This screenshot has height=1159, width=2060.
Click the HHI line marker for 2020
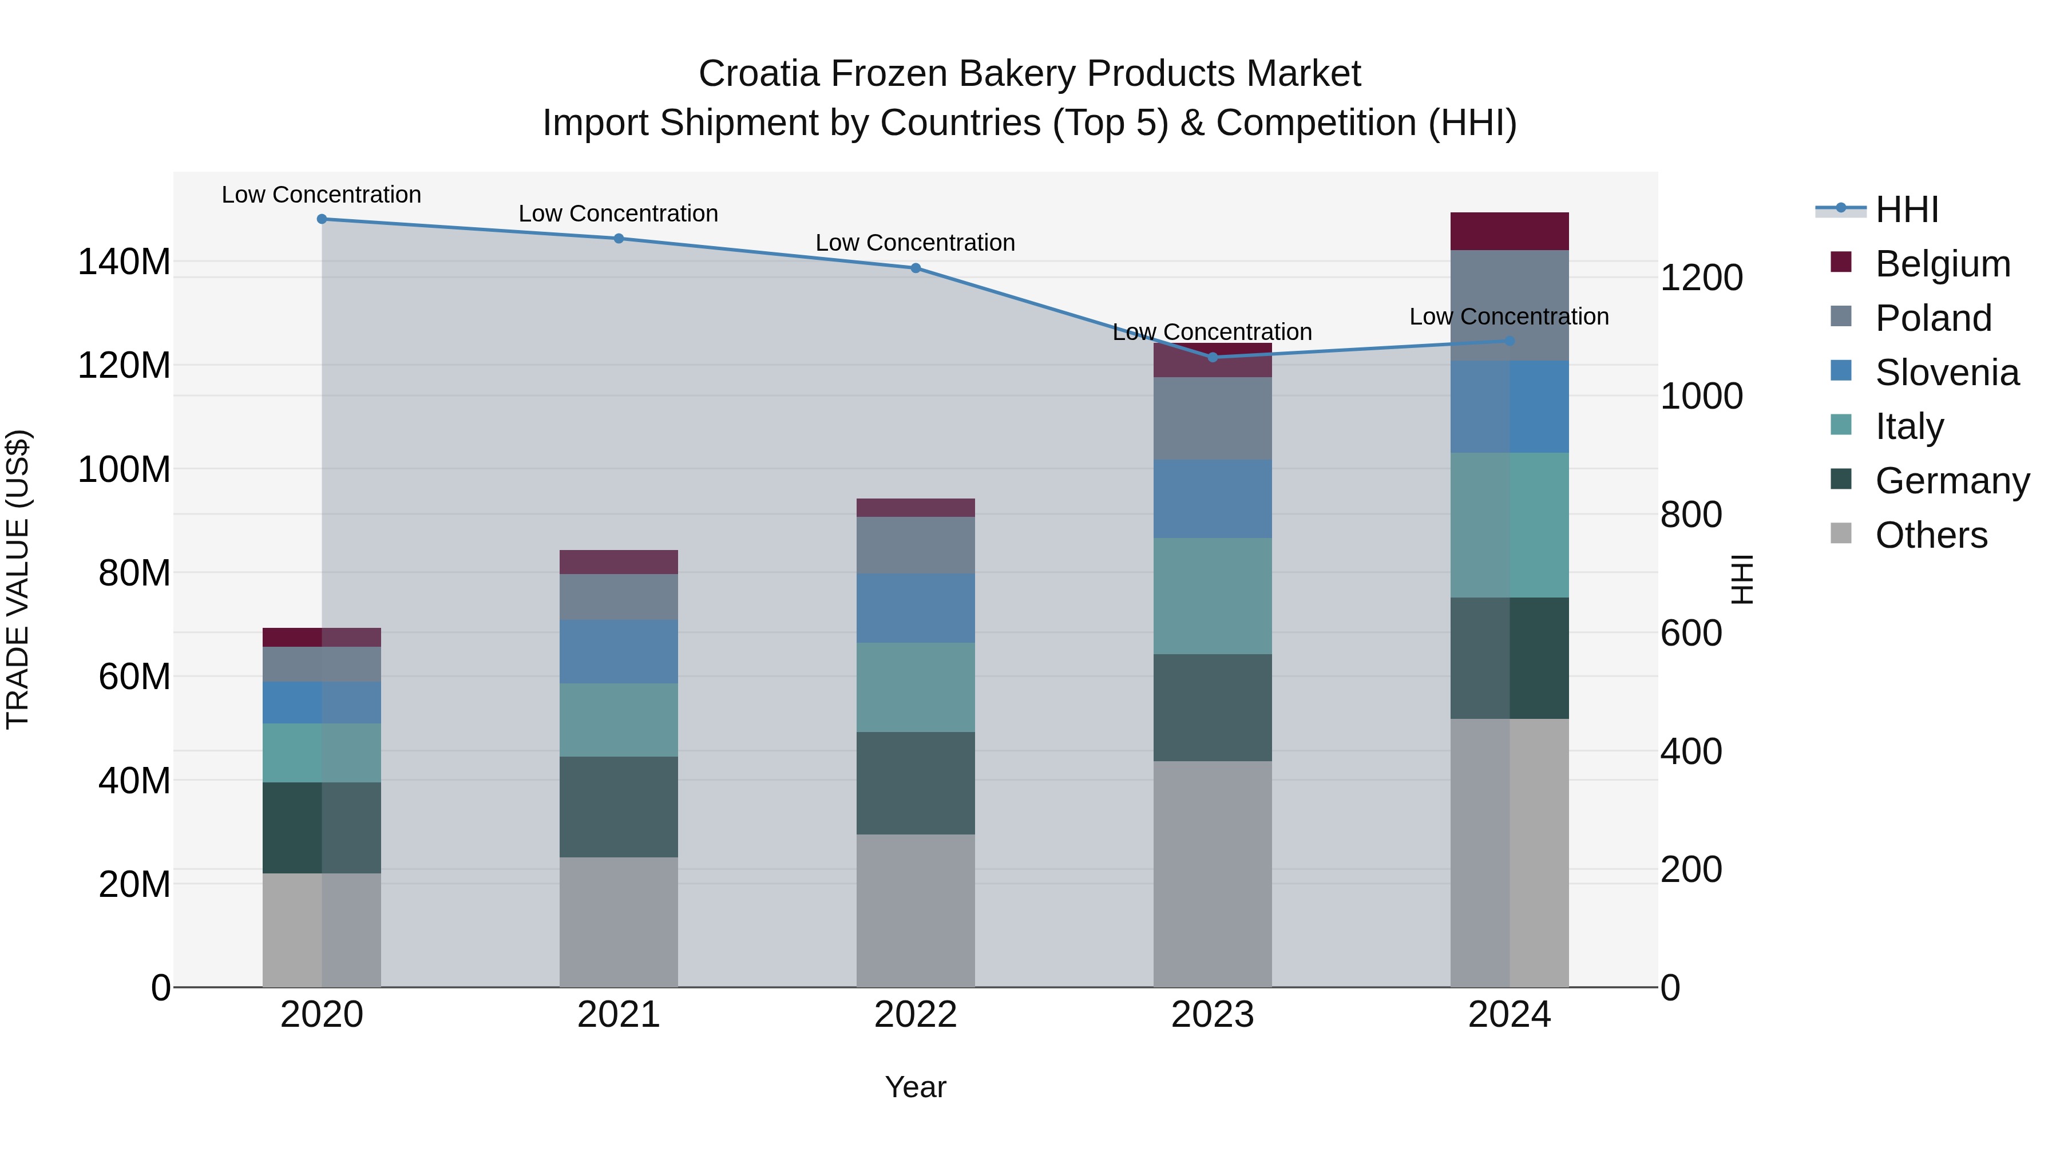[x=322, y=219]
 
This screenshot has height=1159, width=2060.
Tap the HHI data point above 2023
[x=1213, y=358]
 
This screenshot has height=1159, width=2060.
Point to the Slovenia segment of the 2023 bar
[x=1213, y=499]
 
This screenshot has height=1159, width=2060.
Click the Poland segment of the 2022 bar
[x=915, y=545]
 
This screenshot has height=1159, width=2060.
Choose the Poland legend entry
[x=1933, y=318]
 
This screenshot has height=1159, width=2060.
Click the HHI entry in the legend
[x=1907, y=209]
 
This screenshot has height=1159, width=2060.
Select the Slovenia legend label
[x=1947, y=373]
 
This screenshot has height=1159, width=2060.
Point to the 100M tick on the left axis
[x=124, y=469]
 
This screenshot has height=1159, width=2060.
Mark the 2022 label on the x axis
[x=915, y=1015]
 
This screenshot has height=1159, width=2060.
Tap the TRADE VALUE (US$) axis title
[x=18, y=579]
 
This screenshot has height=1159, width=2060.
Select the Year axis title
[x=915, y=1087]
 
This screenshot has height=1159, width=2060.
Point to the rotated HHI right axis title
[x=1741, y=579]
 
